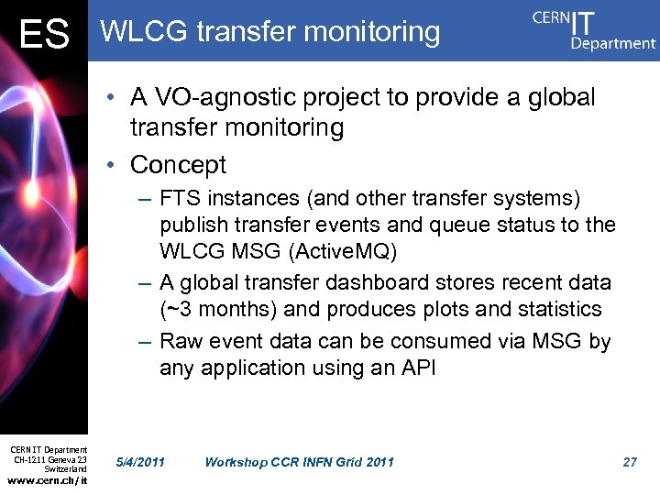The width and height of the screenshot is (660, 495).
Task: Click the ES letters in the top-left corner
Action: (44, 35)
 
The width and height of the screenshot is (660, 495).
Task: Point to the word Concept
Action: (178, 165)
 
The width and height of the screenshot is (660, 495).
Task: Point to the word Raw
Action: (180, 341)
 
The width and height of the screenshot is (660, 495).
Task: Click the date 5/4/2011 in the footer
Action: (141, 461)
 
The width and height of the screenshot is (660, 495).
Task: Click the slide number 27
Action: (629, 461)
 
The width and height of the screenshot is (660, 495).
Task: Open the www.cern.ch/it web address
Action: (48, 480)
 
